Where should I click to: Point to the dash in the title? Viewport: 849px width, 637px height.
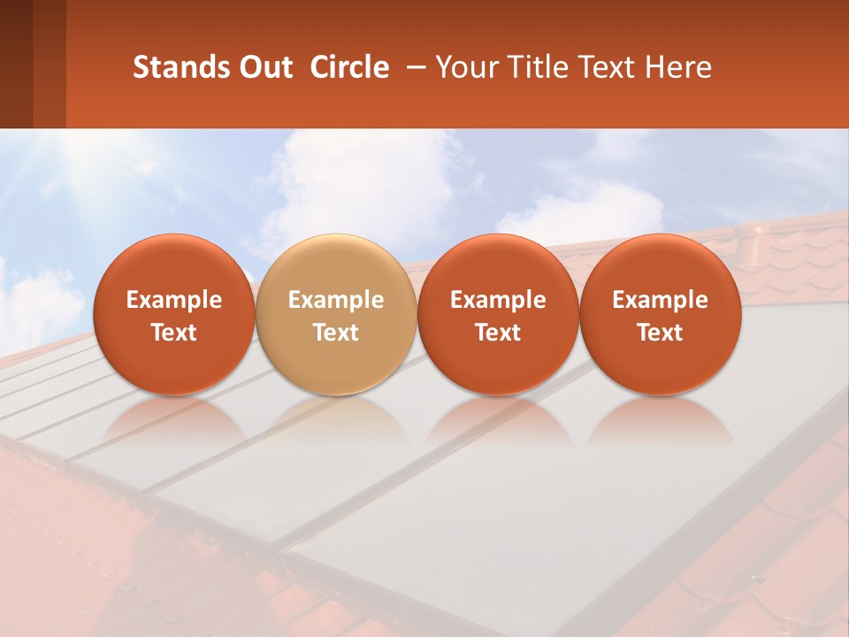[412, 68]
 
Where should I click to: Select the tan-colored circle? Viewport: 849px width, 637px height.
[335, 314]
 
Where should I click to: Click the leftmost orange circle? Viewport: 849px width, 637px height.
[173, 314]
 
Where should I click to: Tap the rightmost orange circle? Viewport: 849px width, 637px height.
[660, 314]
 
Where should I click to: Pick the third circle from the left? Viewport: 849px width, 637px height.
[498, 314]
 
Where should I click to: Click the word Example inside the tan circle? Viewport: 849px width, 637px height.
[336, 300]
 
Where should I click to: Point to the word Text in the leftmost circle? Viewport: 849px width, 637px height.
[174, 332]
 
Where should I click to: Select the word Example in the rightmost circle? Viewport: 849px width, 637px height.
[660, 300]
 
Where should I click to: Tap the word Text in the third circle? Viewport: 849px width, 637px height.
[498, 332]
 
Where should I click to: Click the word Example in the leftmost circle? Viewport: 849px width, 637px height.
[174, 300]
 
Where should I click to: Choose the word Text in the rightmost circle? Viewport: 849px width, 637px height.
[660, 332]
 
